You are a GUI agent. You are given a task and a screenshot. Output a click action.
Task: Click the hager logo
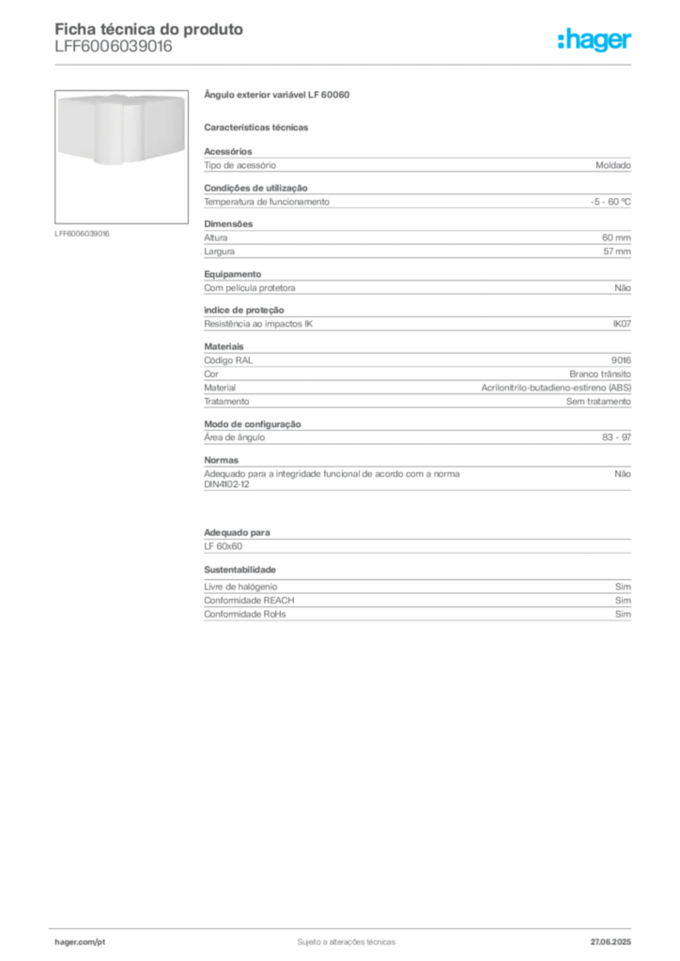(595, 39)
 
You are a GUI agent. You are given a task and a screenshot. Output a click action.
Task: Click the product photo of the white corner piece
(121, 130)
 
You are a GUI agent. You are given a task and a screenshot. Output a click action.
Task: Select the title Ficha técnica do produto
(149, 29)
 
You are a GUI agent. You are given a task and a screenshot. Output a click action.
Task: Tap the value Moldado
(613, 165)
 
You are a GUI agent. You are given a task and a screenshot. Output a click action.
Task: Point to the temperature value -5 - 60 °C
(610, 202)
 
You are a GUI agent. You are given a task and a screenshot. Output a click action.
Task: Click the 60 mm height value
(616, 237)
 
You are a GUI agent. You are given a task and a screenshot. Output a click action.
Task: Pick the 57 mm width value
(617, 252)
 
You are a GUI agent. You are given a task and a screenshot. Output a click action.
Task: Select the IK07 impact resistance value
(622, 324)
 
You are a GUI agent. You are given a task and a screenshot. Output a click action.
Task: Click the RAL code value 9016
(621, 360)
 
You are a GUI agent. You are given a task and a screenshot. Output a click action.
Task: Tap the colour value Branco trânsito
(600, 374)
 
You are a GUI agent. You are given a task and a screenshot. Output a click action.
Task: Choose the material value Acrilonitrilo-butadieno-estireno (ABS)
(556, 388)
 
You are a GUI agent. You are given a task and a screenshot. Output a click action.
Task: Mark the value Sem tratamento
(598, 402)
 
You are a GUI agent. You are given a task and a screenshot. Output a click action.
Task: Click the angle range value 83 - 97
(616, 437)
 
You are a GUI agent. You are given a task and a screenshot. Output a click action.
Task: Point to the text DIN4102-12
(227, 484)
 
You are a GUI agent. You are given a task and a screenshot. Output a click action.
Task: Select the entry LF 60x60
(224, 546)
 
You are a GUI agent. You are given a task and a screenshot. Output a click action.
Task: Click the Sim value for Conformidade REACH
(623, 601)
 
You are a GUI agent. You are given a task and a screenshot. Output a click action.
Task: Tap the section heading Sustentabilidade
(240, 570)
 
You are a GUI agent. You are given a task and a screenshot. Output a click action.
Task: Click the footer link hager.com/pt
(80, 942)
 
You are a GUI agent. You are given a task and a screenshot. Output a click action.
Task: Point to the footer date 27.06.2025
(610, 942)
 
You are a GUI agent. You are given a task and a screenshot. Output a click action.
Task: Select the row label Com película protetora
(250, 288)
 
